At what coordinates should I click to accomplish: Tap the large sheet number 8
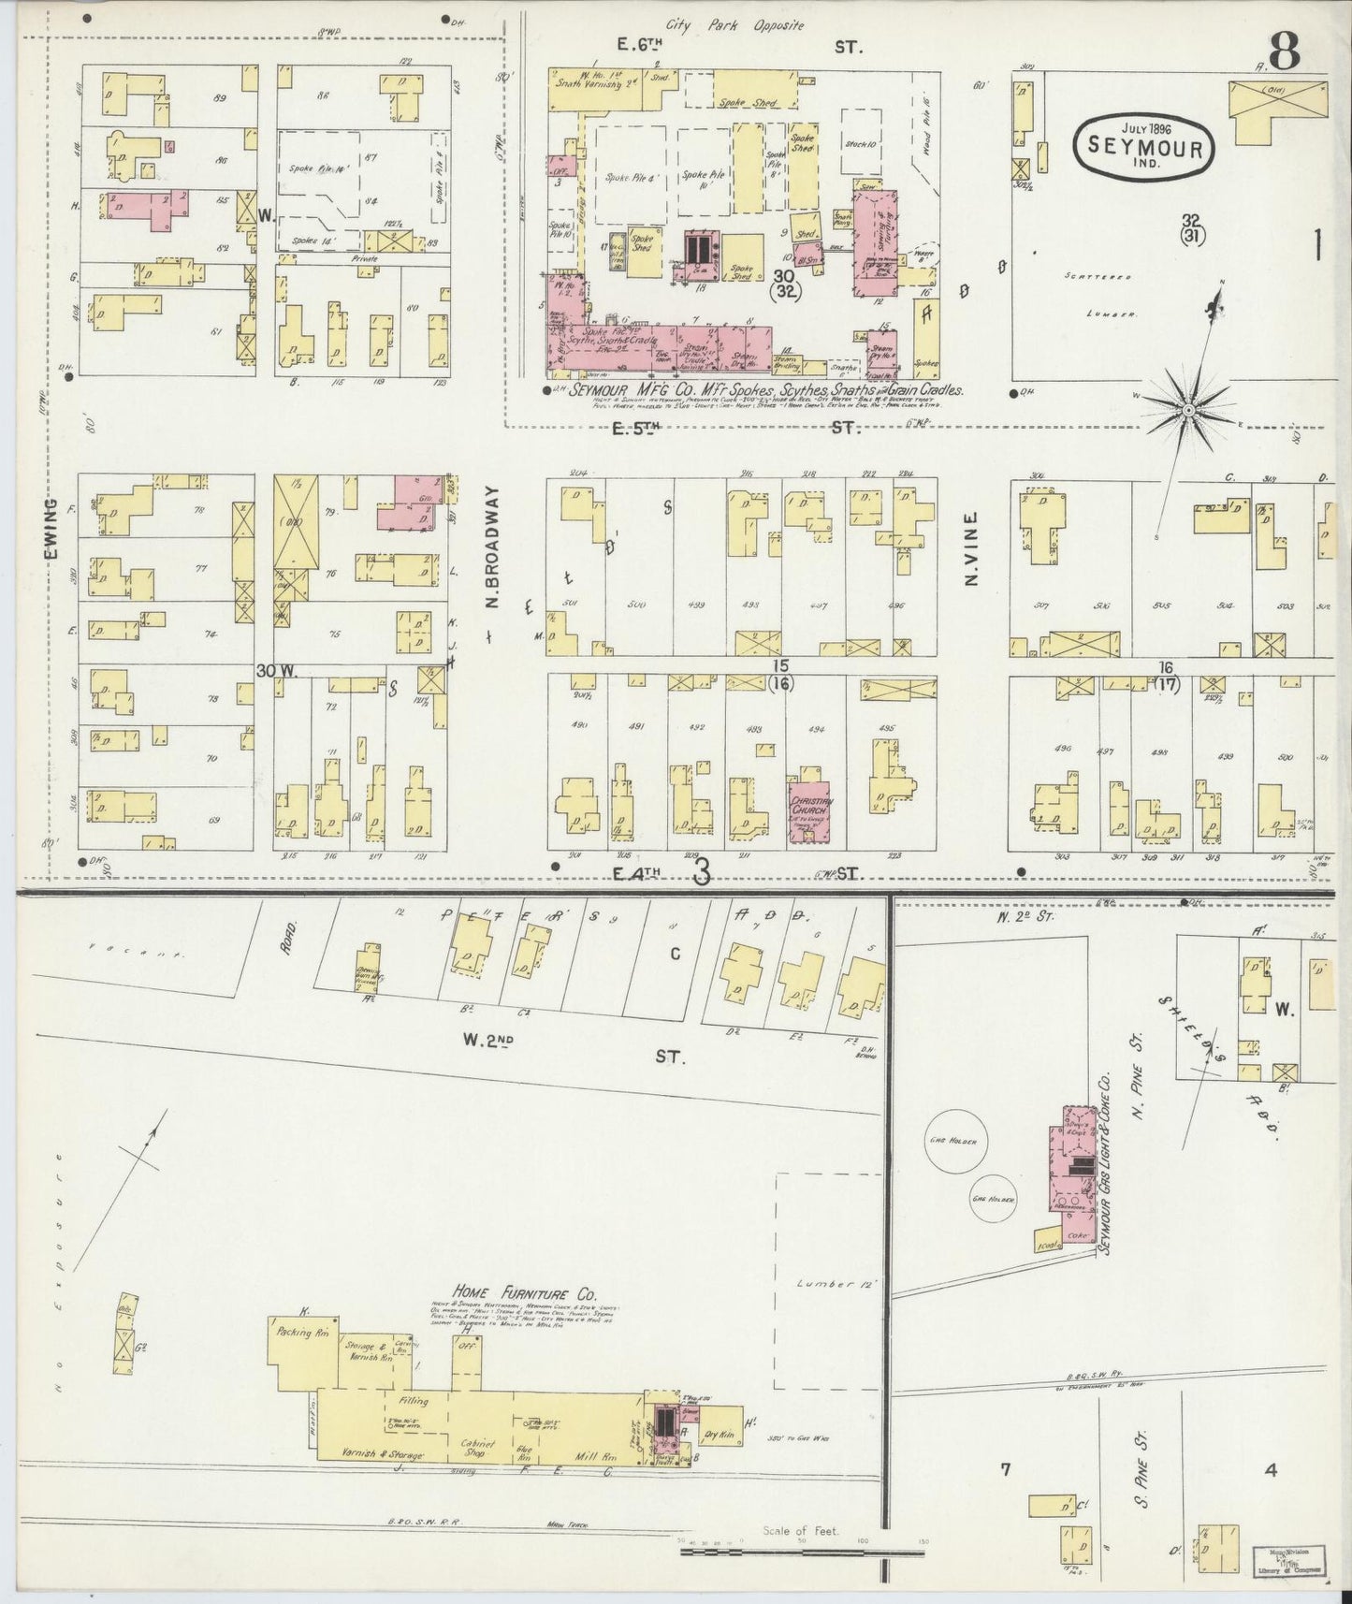coord(1284,51)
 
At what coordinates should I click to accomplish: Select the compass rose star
coord(1187,408)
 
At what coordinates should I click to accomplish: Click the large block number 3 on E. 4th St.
coord(702,871)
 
